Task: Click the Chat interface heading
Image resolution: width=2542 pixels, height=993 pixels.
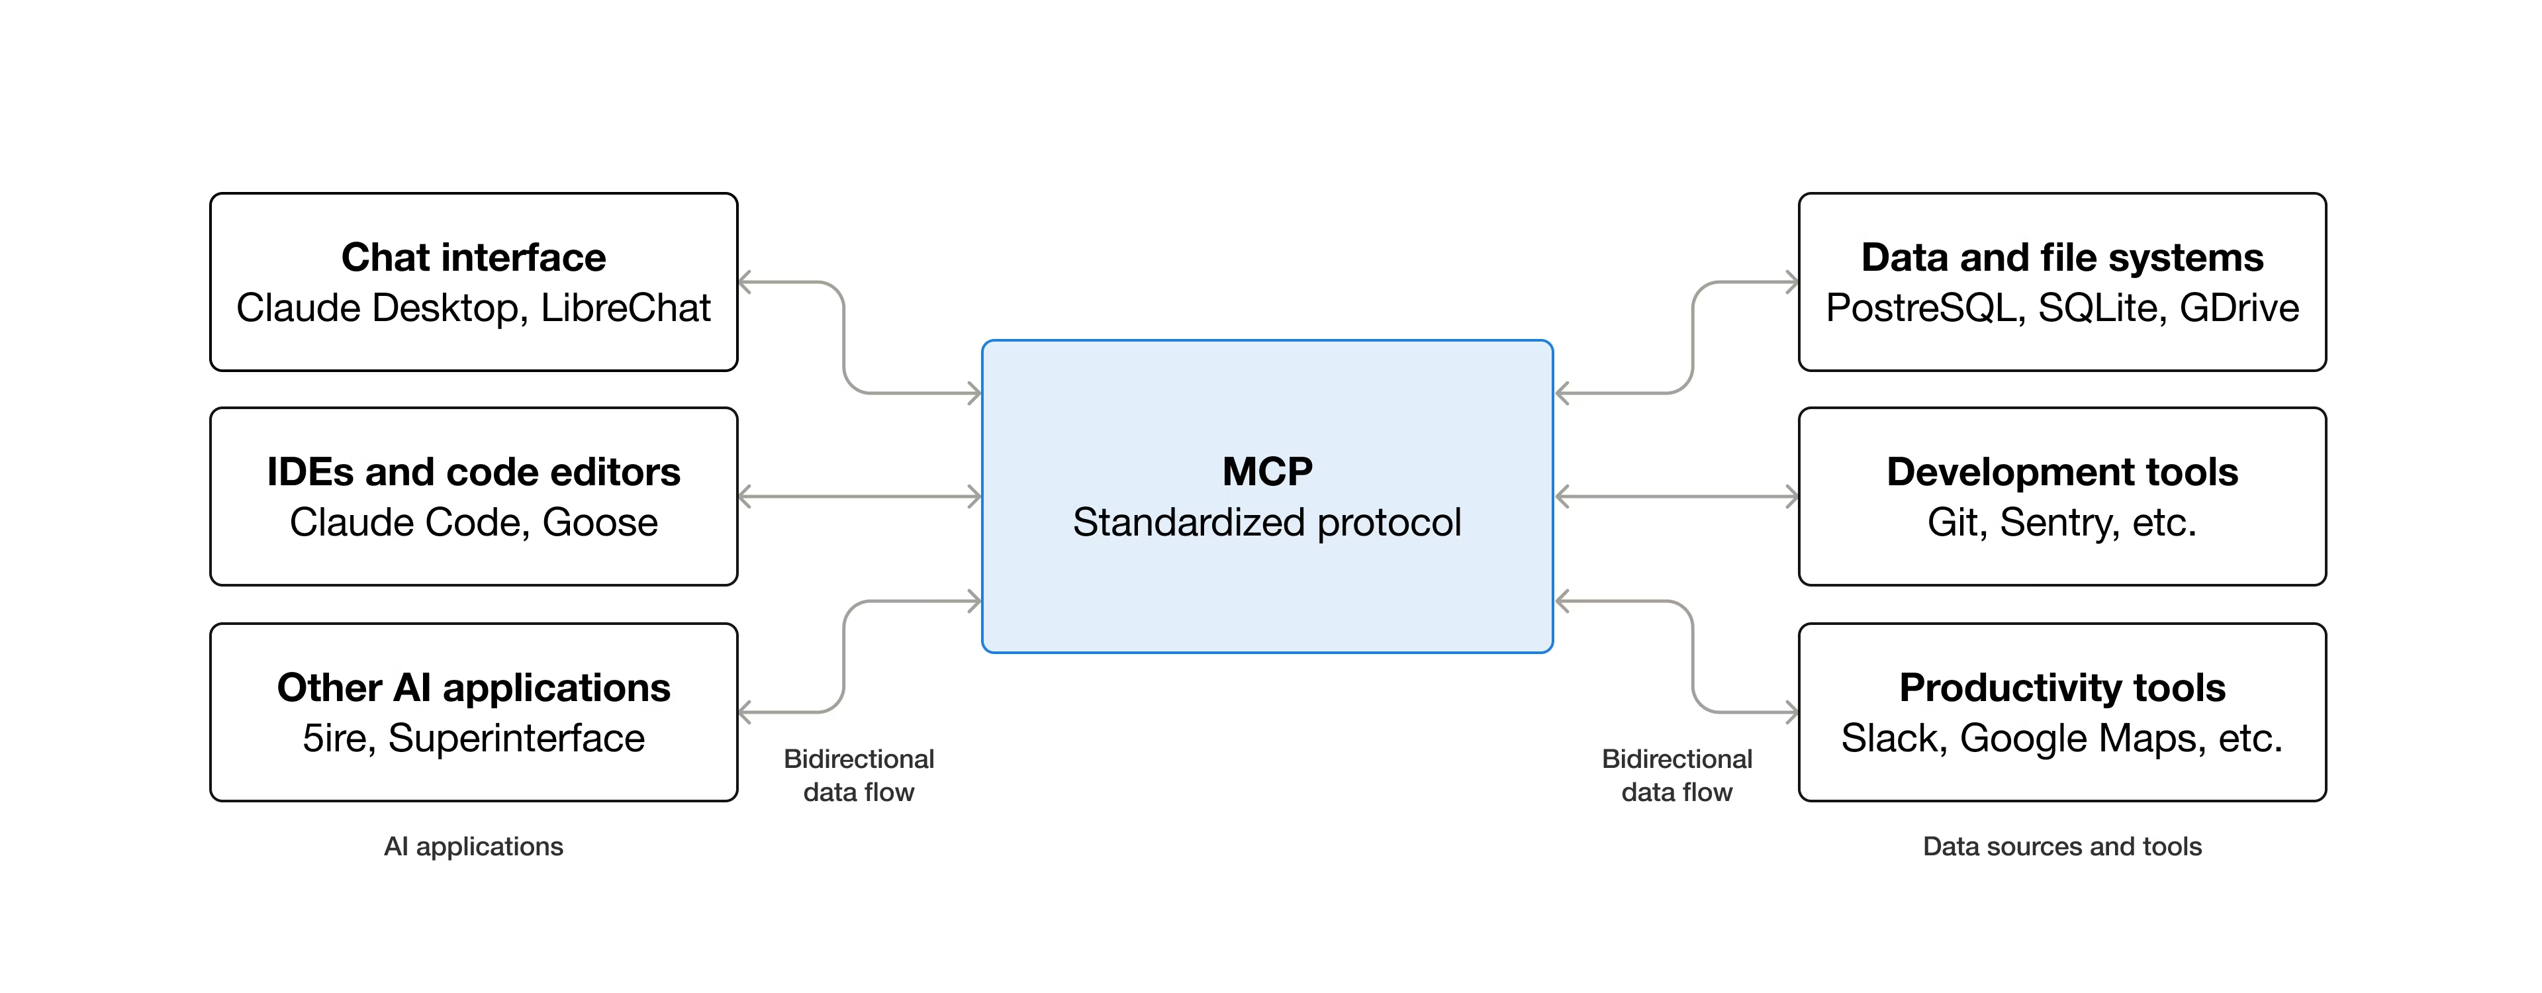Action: [x=474, y=258]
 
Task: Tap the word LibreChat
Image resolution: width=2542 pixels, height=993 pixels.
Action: [x=626, y=308]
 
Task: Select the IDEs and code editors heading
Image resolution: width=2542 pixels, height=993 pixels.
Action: [x=474, y=472]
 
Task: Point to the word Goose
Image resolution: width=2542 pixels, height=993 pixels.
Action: [x=600, y=522]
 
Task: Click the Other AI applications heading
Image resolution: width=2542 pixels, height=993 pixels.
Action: [x=474, y=687]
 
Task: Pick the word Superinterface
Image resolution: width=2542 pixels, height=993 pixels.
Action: [x=516, y=738]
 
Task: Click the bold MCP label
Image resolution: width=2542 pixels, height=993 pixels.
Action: [x=1267, y=472]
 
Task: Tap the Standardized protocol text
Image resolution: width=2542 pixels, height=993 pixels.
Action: [x=1267, y=522]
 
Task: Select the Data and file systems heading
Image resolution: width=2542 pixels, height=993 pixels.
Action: [x=2063, y=258]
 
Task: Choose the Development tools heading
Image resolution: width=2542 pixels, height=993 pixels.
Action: [x=2063, y=472]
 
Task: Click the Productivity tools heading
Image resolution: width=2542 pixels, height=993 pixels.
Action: [x=2063, y=687]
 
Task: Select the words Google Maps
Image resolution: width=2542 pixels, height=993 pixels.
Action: [x=2082, y=738]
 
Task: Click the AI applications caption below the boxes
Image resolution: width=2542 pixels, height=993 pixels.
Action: [x=474, y=846]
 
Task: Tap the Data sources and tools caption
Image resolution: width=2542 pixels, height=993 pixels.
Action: [x=2063, y=846]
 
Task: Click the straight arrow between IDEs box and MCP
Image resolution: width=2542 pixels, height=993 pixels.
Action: [x=859, y=496]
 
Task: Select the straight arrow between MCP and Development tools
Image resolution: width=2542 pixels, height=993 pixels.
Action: [x=1677, y=496]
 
